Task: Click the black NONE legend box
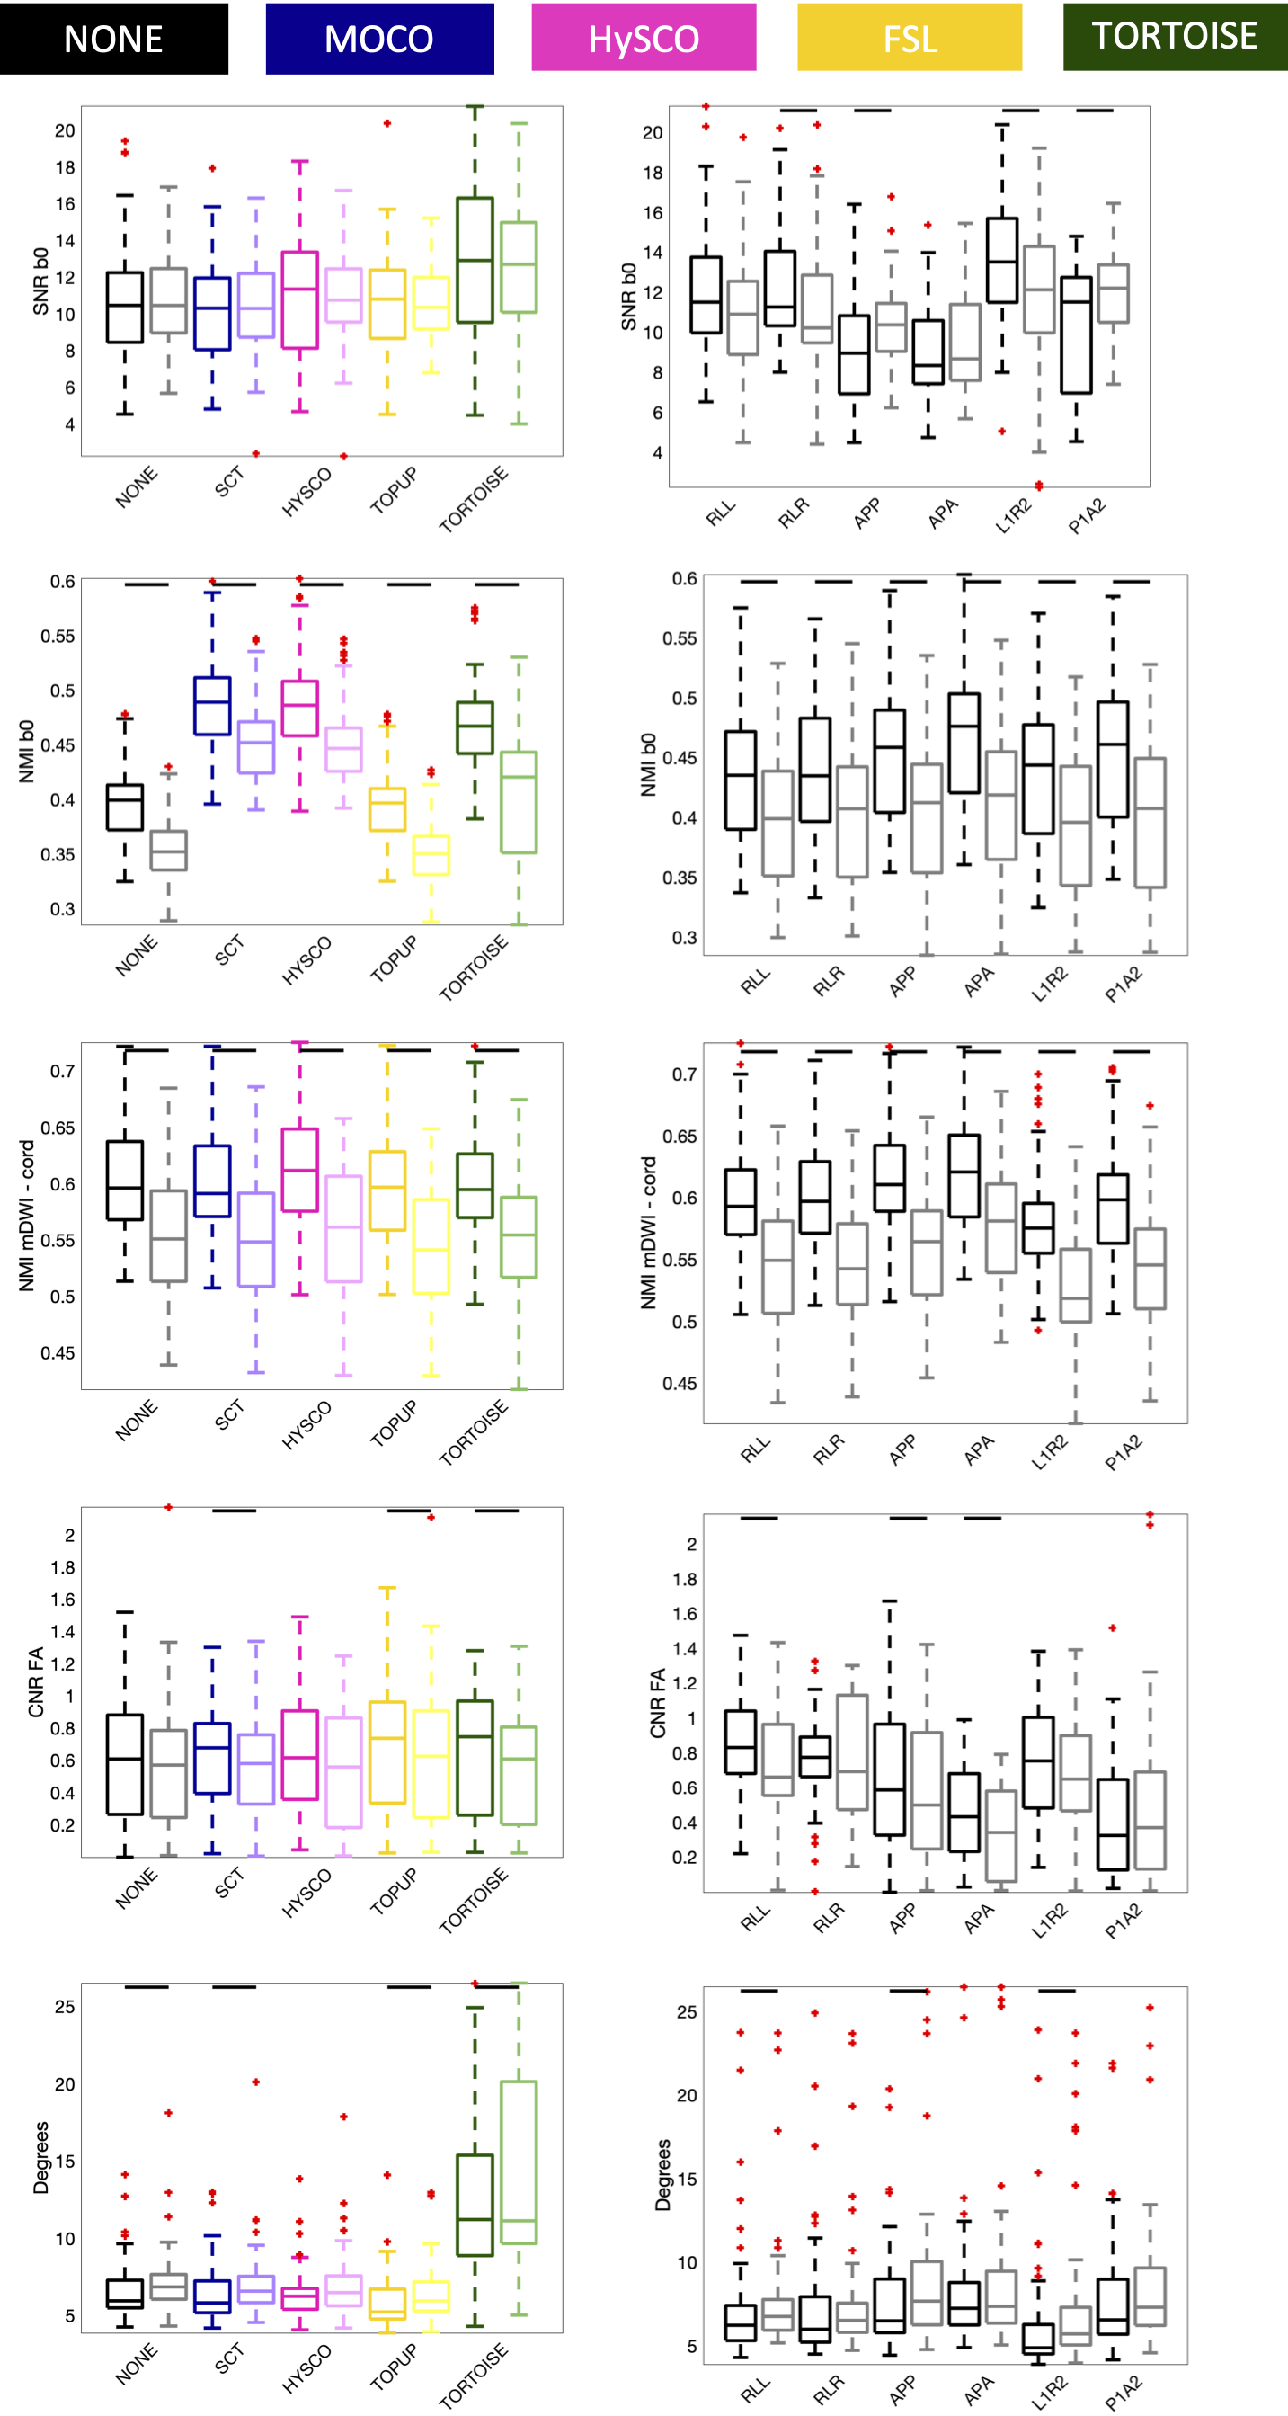click(113, 39)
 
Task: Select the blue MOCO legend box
click(379, 39)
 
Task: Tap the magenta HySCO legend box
click(644, 39)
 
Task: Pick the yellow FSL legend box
click(910, 39)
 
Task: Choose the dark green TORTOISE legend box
click(1175, 37)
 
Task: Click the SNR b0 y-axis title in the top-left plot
click(40, 281)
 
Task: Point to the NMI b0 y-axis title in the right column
click(648, 764)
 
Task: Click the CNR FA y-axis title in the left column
click(37, 1682)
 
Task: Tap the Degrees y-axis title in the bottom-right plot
click(662, 2174)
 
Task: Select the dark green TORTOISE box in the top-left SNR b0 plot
click(475, 260)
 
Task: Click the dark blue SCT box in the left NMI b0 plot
click(213, 705)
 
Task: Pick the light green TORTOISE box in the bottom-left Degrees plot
click(519, 2162)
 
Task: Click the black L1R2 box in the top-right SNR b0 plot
click(1002, 261)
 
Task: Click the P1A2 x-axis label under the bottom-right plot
click(1123, 2391)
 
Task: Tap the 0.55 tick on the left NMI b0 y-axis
click(58, 636)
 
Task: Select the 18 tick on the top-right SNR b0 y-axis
click(653, 173)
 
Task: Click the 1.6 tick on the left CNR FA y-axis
click(63, 1599)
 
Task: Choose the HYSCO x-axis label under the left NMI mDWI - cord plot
click(306, 1424)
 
